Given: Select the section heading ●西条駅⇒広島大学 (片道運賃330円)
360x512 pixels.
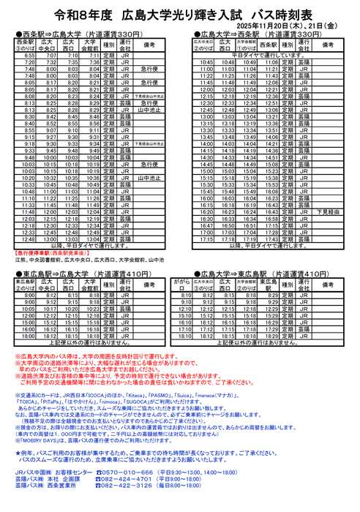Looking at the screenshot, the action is [79, 34].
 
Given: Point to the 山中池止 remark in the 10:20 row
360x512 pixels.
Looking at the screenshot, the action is [149, 177].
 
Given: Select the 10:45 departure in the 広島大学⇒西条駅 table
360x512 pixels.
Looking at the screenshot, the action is [206, 62].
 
